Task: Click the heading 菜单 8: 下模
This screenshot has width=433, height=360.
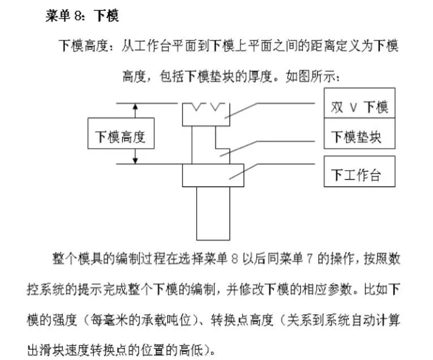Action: click(83, 15)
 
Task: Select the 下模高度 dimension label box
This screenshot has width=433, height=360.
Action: click(121, 133)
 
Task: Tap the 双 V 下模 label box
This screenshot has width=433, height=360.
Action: click(360, 103)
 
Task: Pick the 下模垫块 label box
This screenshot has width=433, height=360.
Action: click(360, 133)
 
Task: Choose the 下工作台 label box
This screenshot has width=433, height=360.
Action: click(360, 171)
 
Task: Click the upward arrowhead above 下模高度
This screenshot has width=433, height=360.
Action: click(135, 107)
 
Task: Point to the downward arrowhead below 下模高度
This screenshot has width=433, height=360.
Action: click(135, 161)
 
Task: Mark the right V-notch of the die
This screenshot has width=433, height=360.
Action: click(218, 107)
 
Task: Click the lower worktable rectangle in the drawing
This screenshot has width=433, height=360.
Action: click(213, 175)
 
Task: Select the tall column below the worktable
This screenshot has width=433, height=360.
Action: click(213, 214)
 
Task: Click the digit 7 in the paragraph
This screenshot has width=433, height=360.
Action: click(310, 259)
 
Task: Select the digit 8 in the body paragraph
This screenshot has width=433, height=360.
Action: click(235, 259)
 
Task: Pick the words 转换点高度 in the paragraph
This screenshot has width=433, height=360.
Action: click(242, 320)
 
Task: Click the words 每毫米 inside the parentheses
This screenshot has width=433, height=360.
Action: click(109, 320)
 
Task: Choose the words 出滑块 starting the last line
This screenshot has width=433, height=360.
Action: click(46, 350)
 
